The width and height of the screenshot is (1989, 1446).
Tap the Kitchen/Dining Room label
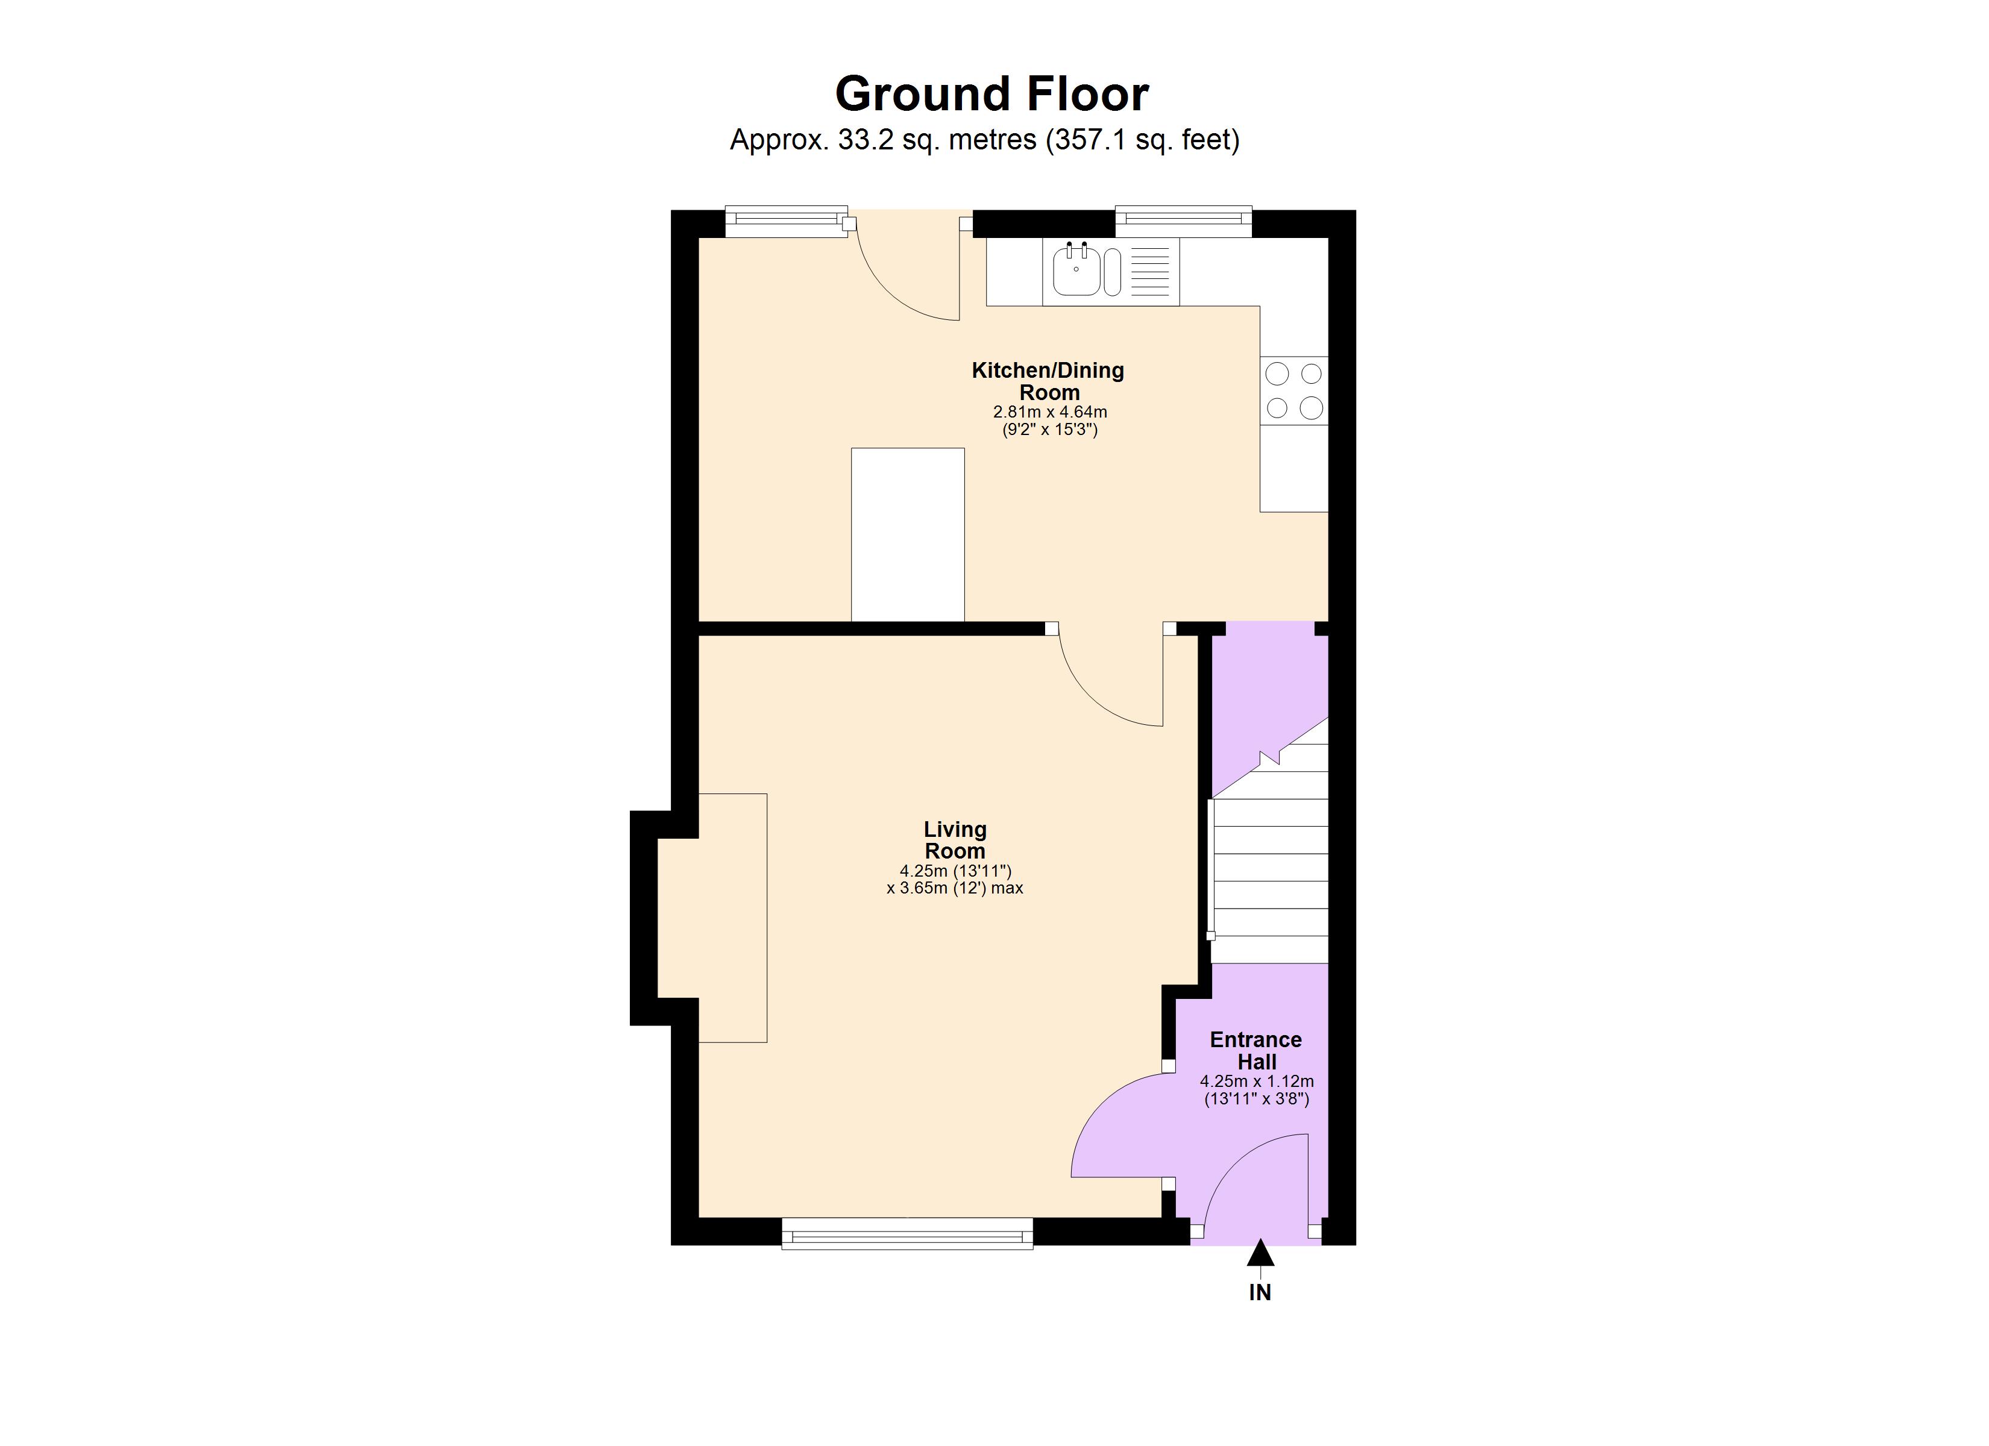(x=1048, y=381)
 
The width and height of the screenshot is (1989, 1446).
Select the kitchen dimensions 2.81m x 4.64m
(x=1050, y=412)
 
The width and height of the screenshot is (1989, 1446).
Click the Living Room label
(x=955, y=840)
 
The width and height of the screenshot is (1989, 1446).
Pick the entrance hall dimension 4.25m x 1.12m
(x=1257, y=1082)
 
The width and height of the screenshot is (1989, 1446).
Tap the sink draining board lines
(x=1150, y=270)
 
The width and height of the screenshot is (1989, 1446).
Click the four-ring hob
(x=1293, y=391)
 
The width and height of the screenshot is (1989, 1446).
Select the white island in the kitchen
(x=908, y=535)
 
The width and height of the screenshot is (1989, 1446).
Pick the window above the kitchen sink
(x=1183, y=222)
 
